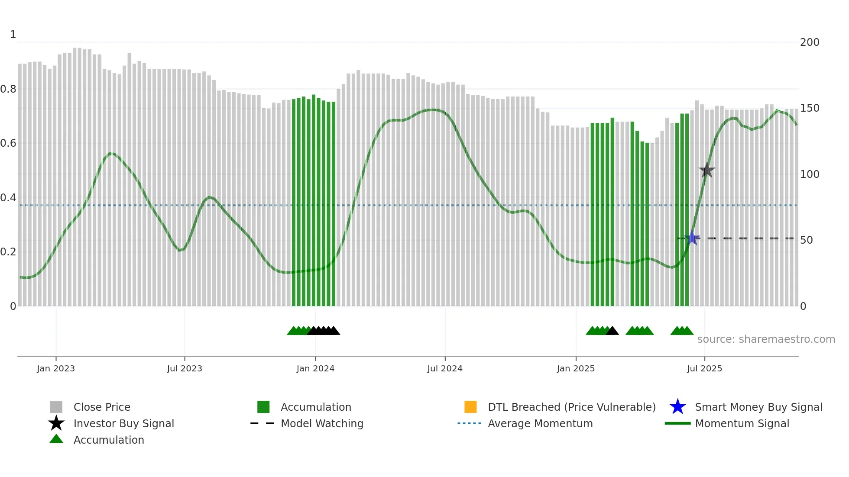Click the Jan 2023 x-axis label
click(56, 368)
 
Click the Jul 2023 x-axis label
click(185, 368)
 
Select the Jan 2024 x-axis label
click(315, 368)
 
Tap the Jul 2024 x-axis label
click(445, 368)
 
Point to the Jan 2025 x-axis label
click(576, 368)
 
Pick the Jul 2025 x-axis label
click(704, 368)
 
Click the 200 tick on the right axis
click(810, 42)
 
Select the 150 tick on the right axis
click(810, 108)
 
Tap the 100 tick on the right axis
click(810, 174)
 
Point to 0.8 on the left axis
click(8, 89)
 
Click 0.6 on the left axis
click(8, 143)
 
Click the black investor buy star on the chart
click(706, 171)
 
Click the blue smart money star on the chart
click(692, 238)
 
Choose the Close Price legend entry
click(102, 407)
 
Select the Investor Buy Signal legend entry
click(123, 423)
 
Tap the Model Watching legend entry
click(322, 423)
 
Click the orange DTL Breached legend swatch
click(470, 407)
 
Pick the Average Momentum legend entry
click(540, 423)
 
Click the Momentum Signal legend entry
click(742, 423)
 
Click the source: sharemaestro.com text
click(766, 339)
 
